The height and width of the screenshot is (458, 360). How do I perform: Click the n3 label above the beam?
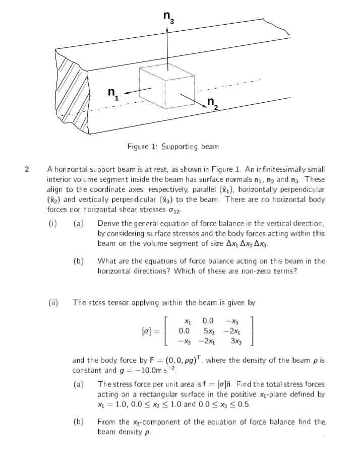[x=168, y=18]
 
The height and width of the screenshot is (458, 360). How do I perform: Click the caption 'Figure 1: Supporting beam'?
[x=173, y=147]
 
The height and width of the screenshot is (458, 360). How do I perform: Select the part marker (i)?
[x=52, y=223]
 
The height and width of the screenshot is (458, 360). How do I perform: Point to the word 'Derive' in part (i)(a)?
[x=108, y=223]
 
